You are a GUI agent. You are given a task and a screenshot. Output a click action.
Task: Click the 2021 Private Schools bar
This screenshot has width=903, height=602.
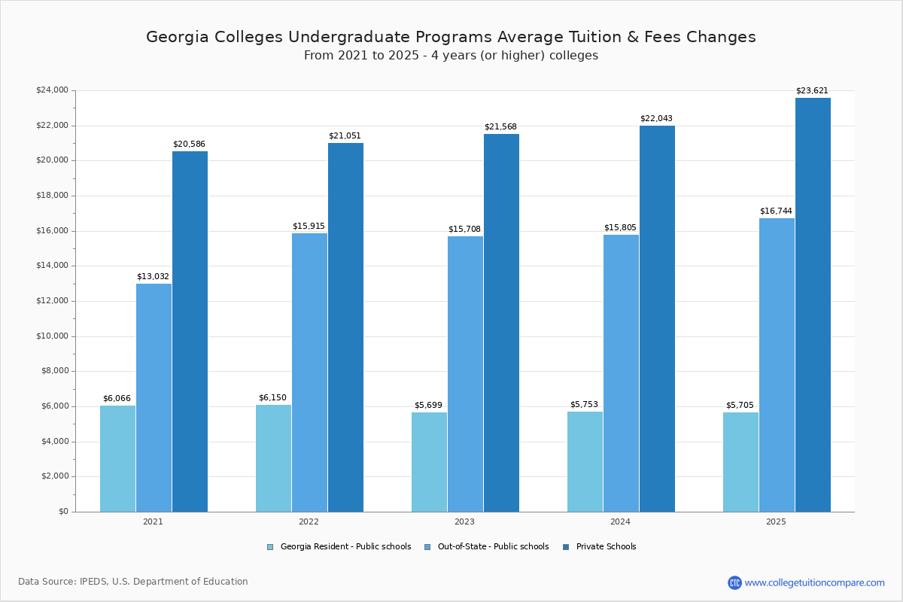click(x=190, y=331)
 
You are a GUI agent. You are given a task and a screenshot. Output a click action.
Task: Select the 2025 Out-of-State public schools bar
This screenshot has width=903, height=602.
click(x=777, y=365)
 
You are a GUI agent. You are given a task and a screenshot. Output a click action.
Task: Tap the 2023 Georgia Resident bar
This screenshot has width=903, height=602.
click(x=429, y=462)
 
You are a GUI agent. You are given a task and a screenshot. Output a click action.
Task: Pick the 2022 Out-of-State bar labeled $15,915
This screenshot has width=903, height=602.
click(x=309, y=372)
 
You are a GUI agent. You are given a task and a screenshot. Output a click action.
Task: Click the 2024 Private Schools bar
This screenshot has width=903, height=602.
click(x=657, y=318)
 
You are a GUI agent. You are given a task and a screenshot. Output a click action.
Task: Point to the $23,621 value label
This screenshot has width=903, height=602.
click(x=812, y=91)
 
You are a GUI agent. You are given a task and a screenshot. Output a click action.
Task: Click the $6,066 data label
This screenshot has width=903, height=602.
click(x=117, y=399)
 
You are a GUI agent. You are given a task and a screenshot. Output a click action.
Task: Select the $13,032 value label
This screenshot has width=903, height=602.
click(x=153, y=277)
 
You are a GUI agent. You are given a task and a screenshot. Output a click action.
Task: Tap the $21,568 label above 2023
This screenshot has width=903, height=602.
click(x=500, y=127)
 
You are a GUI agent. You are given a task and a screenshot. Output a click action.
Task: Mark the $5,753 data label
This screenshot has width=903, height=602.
click(x=584, y=405)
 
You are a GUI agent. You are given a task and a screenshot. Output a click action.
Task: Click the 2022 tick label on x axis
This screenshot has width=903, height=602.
click(x=309, y=521)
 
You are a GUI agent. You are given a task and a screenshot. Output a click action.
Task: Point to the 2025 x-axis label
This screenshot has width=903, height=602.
click(x=776, y=521)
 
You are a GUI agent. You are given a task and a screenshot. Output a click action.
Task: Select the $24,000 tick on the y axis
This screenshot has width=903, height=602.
click(x=52, y=90)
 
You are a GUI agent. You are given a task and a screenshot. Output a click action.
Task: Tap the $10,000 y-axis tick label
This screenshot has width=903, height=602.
click(x=52, y=336)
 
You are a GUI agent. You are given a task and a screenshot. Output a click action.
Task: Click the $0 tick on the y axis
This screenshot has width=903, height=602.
click(x=63, y=512)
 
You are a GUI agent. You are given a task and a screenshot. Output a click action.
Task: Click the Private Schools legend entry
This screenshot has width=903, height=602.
click(x=606, y=547)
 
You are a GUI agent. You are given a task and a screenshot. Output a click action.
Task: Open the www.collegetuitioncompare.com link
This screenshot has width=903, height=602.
click(x=814, y=582)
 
